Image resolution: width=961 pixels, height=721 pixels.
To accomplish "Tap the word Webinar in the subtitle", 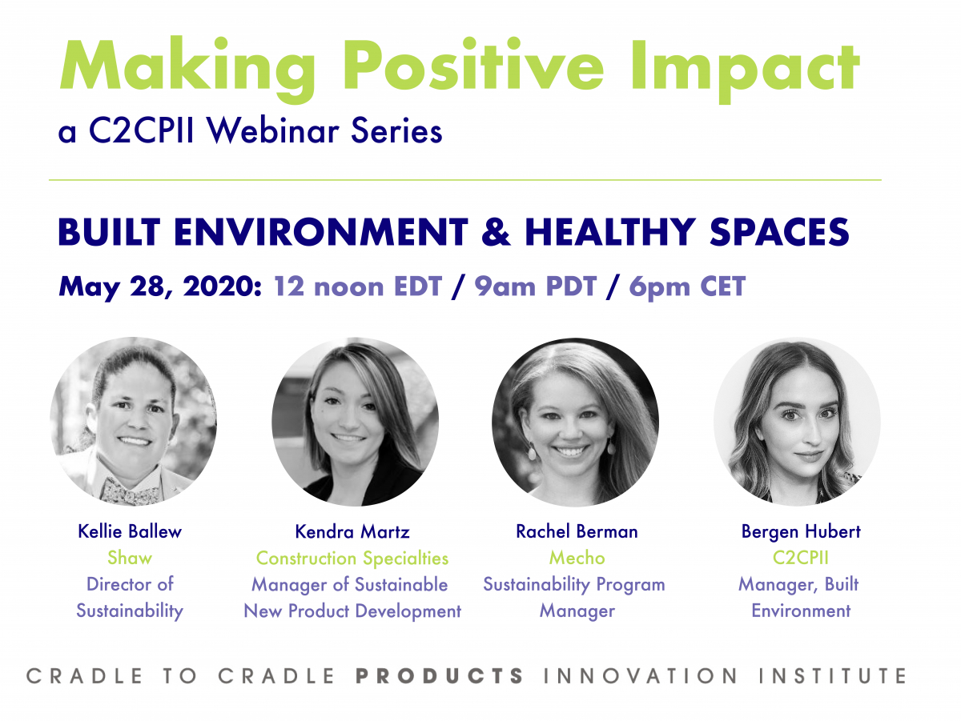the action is [273, 130].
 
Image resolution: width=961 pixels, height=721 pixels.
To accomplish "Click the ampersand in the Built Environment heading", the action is [496, 232].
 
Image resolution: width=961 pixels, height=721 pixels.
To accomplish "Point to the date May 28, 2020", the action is [160, 287].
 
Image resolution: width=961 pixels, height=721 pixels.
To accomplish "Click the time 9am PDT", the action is [536, 287].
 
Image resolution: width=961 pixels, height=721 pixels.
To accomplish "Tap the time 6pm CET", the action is [687, 287].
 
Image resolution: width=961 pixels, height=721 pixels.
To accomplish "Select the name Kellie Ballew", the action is [130, 531].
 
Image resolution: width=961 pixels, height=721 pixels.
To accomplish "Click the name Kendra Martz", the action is [352, 531].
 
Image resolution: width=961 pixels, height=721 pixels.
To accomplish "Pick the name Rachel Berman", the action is [577, 531].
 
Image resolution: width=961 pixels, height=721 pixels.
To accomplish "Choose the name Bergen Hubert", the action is [801, 532].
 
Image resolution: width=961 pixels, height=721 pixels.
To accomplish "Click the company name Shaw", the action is [130, 558].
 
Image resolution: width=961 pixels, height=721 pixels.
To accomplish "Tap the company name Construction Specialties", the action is [352, 559].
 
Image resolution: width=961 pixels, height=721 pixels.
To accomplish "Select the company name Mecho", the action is [577, 558].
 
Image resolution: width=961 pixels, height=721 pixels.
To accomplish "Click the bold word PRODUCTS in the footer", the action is [440, 676].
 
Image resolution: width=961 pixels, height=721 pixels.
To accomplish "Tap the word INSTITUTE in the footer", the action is [832, 676].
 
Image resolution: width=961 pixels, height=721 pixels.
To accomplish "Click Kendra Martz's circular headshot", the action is [355, 422].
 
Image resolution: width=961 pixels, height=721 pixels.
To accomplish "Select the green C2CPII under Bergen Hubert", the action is [801, 558].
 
